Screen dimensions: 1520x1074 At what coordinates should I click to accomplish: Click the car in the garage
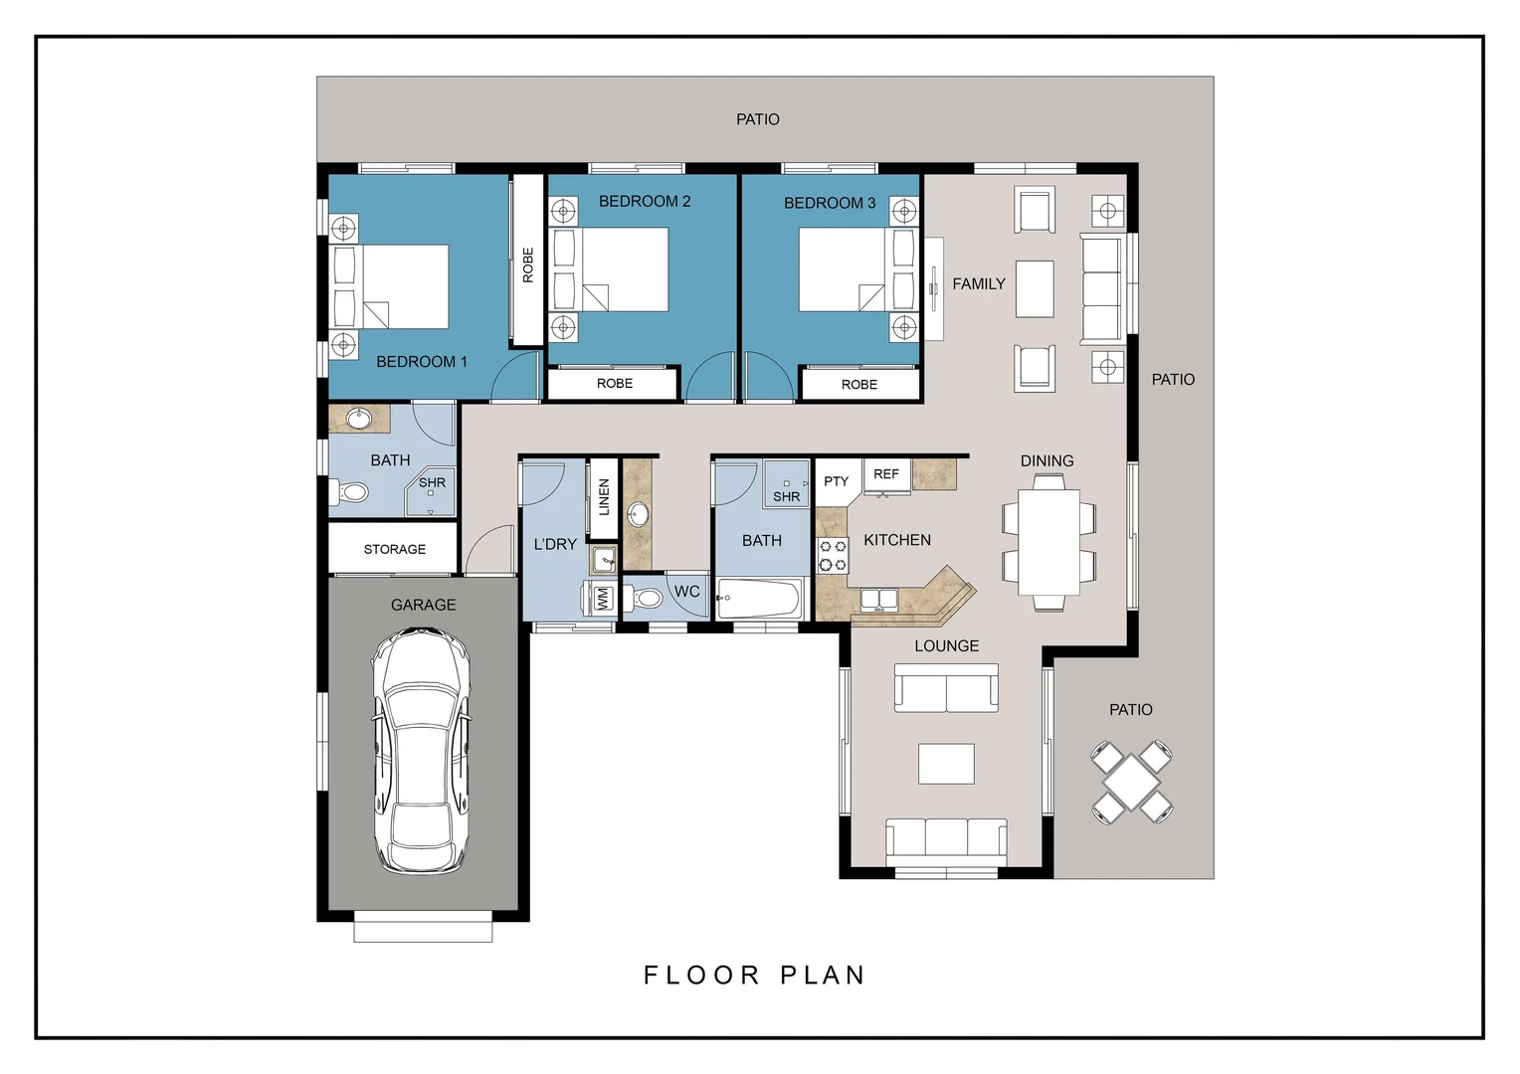[421, 751]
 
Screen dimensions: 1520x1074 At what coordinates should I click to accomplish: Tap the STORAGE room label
[394, 549]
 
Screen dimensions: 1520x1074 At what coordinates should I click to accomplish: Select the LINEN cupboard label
[604, 496]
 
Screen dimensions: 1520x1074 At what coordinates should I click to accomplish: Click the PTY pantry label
[836, 481]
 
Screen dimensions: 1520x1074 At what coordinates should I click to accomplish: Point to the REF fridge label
[885, 473]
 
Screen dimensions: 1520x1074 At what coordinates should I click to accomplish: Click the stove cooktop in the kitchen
[833, 555]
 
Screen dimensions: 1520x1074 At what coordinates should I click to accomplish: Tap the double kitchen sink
[878, 599]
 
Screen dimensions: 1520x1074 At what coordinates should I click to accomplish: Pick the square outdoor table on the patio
[1131, 783]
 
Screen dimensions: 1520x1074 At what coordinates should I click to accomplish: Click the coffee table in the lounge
[946, 764]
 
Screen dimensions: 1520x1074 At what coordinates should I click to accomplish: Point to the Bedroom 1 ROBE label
[528, 265]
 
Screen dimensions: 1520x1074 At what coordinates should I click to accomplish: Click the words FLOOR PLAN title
[754, 975]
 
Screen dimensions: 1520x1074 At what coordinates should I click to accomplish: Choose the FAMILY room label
[979, 283]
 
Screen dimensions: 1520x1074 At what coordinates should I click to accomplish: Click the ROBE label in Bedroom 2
[614, 383]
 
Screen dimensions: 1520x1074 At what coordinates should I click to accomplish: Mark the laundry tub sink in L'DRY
[603, 561]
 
